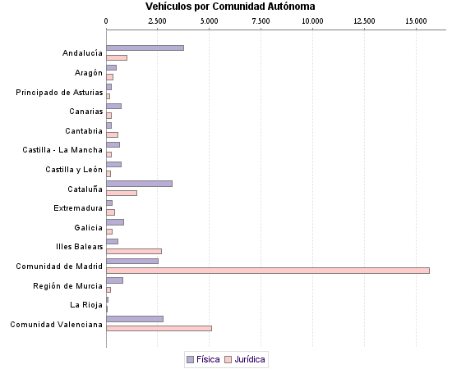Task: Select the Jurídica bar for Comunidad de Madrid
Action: (268, 270)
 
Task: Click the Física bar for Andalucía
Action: (145, 48)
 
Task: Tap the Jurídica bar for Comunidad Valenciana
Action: (159, 328)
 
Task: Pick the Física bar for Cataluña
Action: (139, 183)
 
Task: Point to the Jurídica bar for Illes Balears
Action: (134, 251)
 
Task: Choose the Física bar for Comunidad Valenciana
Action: (135, 318)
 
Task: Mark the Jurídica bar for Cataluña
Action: (122, 193)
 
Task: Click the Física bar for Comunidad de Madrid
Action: (132, 261)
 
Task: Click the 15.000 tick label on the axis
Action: (416, 20)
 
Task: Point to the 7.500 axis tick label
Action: (261, 20)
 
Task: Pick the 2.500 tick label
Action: (158, 20)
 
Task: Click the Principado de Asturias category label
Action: (59, 92)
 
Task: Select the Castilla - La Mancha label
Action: (62, 150)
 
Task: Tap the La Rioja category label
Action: (86, 304)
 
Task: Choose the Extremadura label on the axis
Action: (78, 207)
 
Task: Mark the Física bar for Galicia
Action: (115, 222)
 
